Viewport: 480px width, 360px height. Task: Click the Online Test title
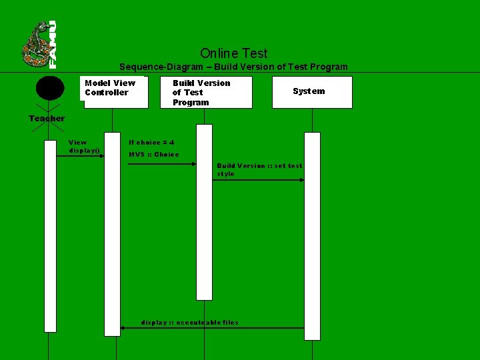233,53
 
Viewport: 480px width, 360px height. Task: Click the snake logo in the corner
39,45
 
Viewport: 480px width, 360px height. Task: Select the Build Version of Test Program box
208,92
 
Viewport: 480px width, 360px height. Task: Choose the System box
312,92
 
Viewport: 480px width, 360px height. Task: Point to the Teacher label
47,119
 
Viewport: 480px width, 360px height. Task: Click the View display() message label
84,146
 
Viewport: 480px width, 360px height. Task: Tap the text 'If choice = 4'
151,142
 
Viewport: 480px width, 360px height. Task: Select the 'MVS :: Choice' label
153,154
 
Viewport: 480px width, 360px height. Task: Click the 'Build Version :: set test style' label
259,169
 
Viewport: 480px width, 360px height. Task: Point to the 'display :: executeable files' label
189,323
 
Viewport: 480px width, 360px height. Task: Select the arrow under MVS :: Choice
170,164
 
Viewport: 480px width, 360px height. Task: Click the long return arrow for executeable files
212,328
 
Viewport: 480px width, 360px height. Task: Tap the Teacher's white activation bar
50,236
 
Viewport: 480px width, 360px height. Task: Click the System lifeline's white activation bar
312,236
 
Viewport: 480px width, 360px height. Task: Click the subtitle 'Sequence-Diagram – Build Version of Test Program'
233,67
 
